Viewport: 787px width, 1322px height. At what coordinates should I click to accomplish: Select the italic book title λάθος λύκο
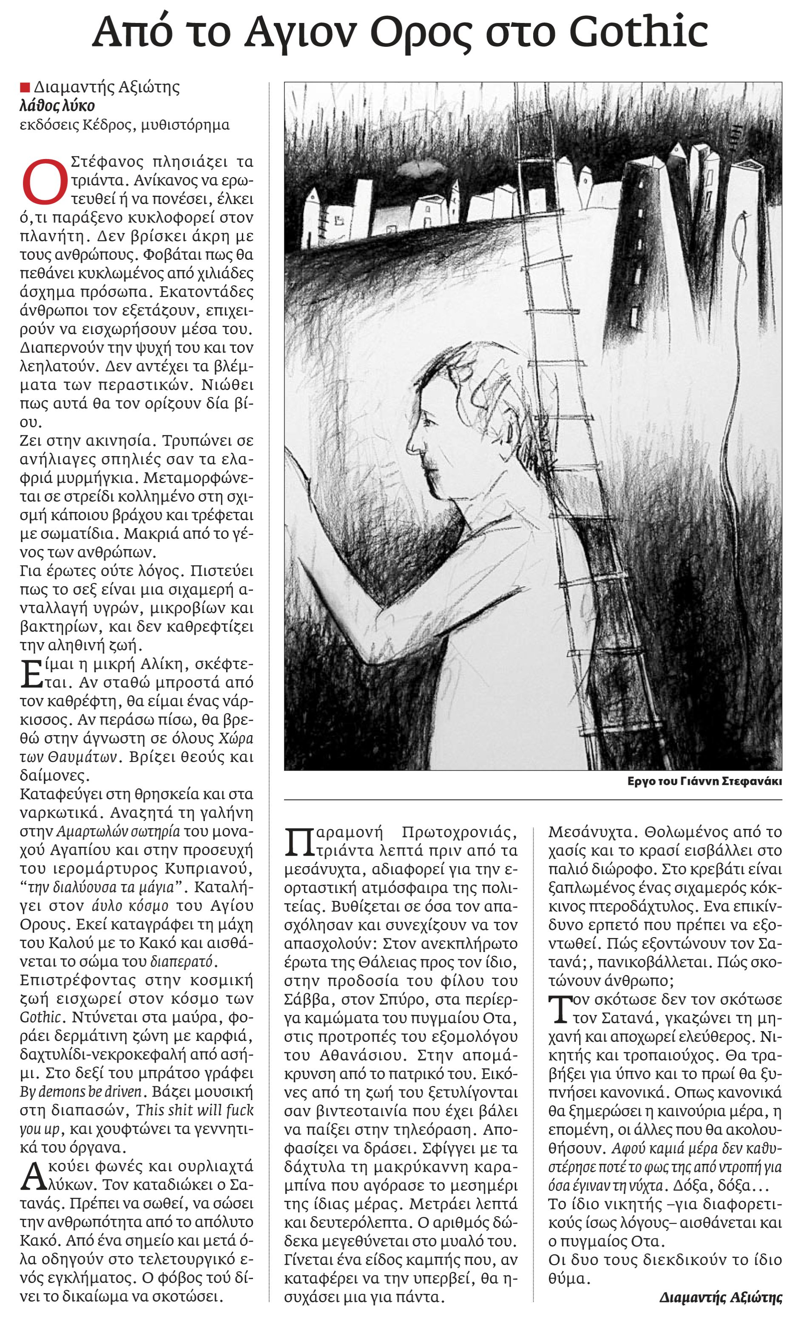(x=57, y=106)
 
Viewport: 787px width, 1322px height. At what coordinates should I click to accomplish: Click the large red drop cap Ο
(x=44, y=182)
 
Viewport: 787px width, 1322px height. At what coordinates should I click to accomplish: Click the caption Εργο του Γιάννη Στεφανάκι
(x=704, y=781)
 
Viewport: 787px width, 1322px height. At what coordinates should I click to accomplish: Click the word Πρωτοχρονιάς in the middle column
(x=459, y=833)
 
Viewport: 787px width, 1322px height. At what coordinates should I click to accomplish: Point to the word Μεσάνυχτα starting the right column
(x=588, y=833)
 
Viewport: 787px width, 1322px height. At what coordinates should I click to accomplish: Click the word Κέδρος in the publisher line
(x=107, y=125)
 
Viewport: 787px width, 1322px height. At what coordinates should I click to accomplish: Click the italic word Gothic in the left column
(x=40, y=1017)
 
